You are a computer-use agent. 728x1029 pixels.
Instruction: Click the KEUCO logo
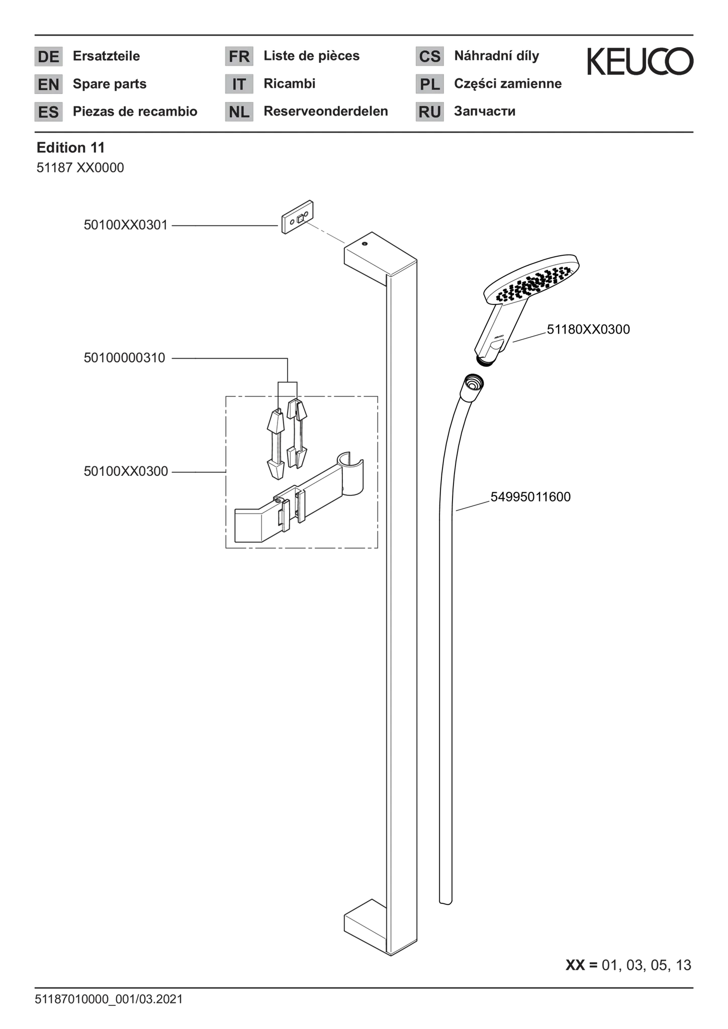coord(640,61)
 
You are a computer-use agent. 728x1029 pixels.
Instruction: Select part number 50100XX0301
coord(126,225)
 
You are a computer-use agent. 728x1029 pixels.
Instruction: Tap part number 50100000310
coord(125,358)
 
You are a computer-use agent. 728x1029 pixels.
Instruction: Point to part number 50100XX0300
coord(126,472)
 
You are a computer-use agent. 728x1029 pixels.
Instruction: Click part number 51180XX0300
coord(588,330)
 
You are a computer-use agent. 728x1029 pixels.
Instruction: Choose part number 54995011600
coord(530,497)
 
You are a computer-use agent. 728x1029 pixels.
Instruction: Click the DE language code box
coord(49,56)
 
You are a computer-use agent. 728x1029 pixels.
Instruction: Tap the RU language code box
coord(430,112)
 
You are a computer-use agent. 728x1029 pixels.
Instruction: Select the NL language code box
coord(239,112)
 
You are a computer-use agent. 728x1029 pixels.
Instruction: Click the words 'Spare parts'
coord(110,84)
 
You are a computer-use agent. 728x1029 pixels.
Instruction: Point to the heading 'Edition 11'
coord(71,148)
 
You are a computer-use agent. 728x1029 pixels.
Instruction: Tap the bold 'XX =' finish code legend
coord(582,965)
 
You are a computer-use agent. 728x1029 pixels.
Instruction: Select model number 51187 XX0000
coord(80,168)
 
